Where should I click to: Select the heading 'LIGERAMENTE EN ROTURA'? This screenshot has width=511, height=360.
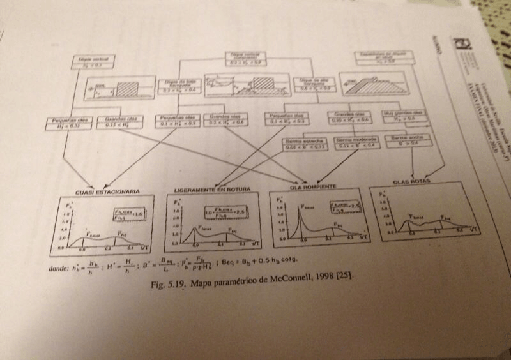(211, 190)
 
